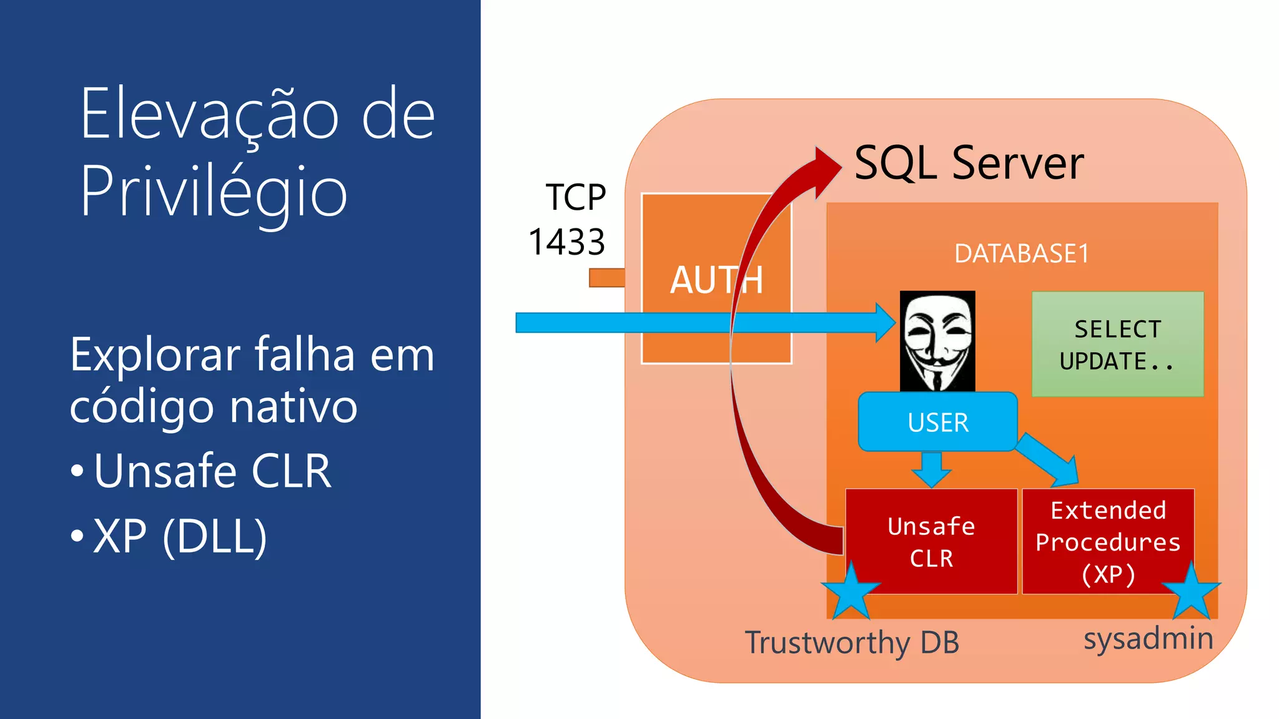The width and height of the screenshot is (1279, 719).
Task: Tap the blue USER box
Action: pyautogui.click(x=937, y=422)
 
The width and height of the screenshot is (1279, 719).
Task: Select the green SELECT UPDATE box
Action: pyautogui.click(x=1117, y=344)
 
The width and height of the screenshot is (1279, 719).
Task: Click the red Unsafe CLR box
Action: pyautogui.click(x=931, y=541)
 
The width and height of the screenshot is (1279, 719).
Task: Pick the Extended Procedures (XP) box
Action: pyautogui.click(x=1108, y=540)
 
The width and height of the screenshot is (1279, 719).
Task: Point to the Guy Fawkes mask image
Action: pyautogui.click(x=937, y=341)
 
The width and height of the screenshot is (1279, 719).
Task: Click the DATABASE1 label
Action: pyautogui.click(x=1022, y=253)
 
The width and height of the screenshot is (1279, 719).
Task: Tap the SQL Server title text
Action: pyautogui.click(x=969, y=163)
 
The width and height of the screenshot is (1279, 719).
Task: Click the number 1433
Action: pyautogui.click(x=566, y=242)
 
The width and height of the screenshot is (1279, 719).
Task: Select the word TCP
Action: pyautogui.click(x=575, y=197)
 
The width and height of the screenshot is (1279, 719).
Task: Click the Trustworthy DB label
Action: pyautogui.click(x=852, y=642)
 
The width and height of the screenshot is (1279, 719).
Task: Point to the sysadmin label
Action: pyautogui.click(x=1148, y=638)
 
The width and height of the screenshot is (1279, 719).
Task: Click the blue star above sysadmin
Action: pyautogui.click(x=1191, y=590)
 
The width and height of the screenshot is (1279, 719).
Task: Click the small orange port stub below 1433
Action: pyautogui.click(x=606, y=278)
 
